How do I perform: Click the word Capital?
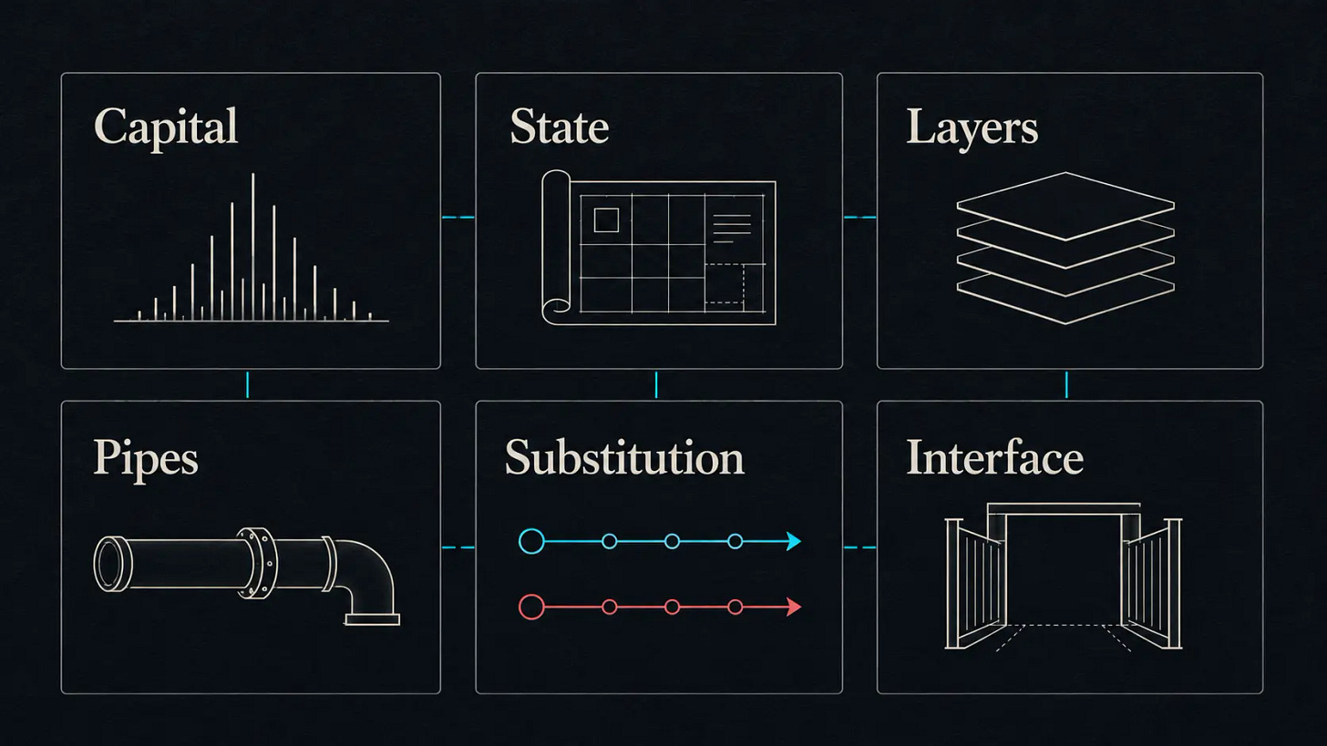(x=166, y=128)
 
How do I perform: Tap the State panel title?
(x=560, y=126)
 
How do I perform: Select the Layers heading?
(x=972, y=128)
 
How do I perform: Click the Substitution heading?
(x=624, y=457)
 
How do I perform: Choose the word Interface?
(x=994, y=457)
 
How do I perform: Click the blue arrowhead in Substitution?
(x=794, y=541)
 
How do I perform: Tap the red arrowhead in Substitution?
(x=794, y=607)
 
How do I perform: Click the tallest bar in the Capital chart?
(x=253, y=247)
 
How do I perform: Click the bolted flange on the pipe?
(x=258, y=563)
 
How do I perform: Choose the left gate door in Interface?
(x=975, y=583)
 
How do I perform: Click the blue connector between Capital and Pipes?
(x=247, y=384)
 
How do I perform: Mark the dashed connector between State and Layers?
(x=859, y=218)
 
